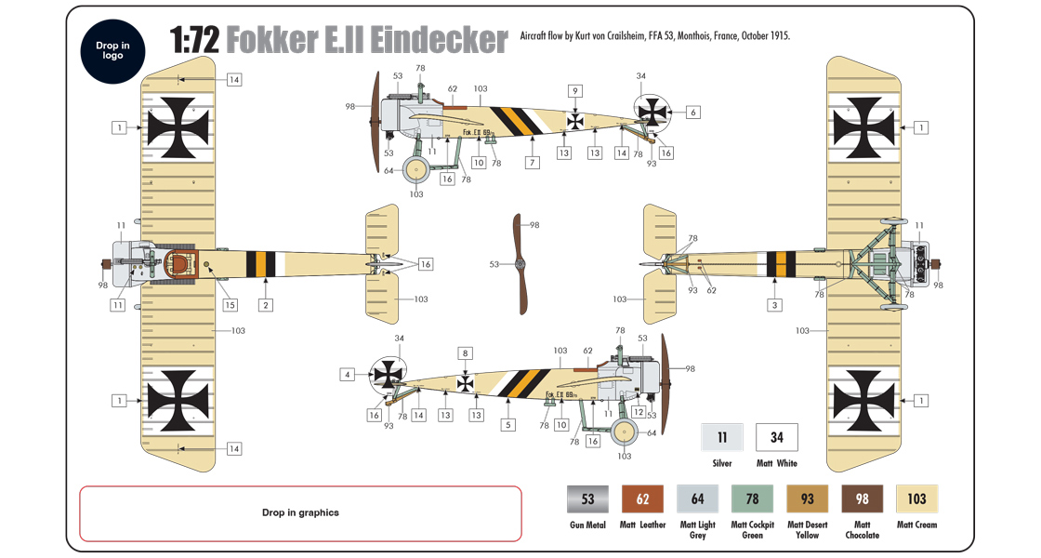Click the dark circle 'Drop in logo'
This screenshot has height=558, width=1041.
click(x=109, y=49)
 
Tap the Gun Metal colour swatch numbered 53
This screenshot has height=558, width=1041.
click(x=587, y=499)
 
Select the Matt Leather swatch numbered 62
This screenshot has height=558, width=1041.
click(x=642, y=499)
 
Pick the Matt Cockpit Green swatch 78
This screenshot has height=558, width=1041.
click(x=752, y=499)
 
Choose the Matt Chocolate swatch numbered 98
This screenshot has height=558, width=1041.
click(x=862, y=499)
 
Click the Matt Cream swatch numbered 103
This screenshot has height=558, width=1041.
click(x=916, y=499)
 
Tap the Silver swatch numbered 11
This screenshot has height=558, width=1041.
click(x=721, y=437)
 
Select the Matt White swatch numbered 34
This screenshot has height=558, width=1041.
click(x=776, y=437)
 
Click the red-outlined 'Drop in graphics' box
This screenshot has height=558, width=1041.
click(x=300, y=513)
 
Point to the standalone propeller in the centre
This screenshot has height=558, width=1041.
click(x=520, y=264)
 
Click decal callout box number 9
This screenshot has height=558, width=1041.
click(x=575, y=91)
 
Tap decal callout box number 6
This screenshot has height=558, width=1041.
click(x=692, y=112)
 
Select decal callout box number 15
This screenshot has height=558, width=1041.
click(x=230, y=305)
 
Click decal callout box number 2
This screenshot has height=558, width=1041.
click(x=265, y=305)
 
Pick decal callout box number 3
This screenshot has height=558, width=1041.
click(x=773, y=305)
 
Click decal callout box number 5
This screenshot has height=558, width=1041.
click(x=507, y=425)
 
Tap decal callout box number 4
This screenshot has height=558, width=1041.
click(x=348, y=375)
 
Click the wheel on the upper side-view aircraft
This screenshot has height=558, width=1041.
click(x=416, y=169)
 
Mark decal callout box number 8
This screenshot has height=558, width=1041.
click(x=466, y=353)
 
